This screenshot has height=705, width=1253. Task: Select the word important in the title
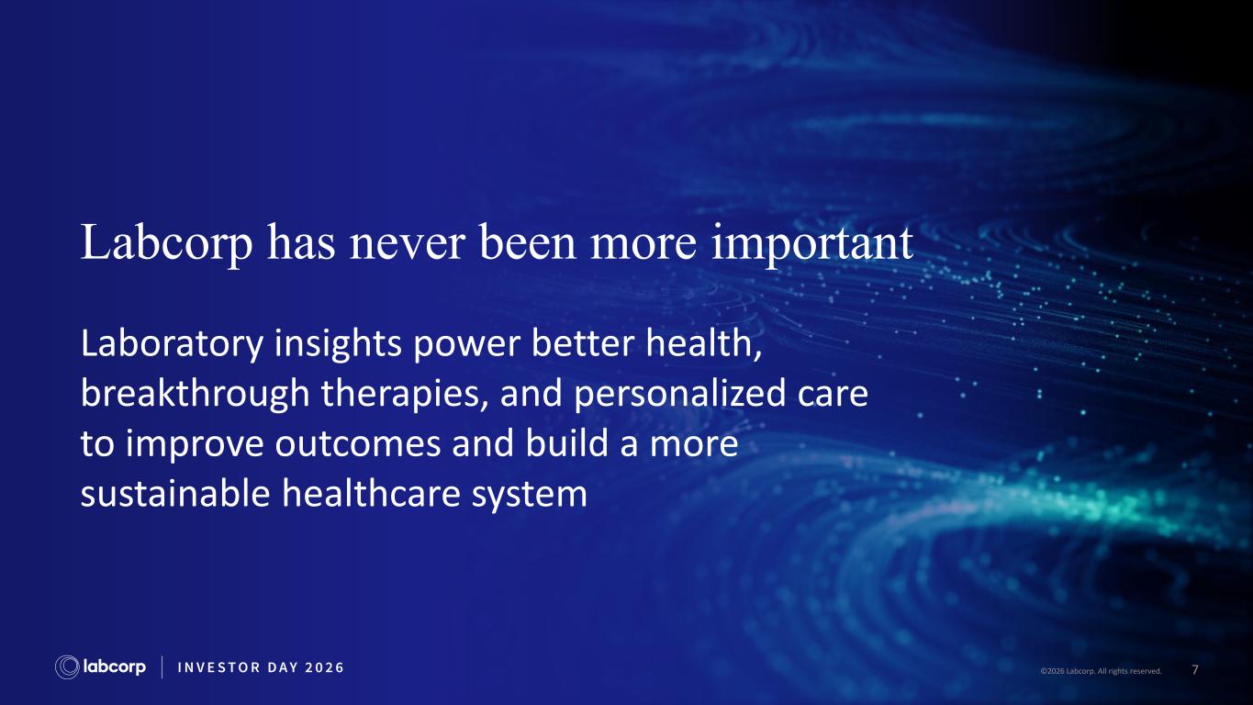tap(812, 244)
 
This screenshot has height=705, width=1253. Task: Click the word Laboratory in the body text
tap(172, 344)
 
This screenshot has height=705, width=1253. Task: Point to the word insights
tap(338, 344)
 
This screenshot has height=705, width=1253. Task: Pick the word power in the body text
tap(467, 347)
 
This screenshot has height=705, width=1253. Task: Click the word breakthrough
tap(196, 394)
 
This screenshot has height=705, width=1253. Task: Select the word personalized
tap(679, 394)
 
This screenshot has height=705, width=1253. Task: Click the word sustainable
tap(175, 494)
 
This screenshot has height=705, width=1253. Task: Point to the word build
tap(566, 443)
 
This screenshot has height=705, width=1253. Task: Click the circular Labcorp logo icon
tap(67, 667)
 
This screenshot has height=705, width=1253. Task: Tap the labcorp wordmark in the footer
tap(114, 667)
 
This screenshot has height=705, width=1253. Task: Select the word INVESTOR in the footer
tap(218, 667)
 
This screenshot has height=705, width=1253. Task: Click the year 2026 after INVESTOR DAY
tap(324, 667)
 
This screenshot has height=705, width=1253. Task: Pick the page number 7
tap(1195, 670)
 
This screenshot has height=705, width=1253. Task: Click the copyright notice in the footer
tap(1101, 671)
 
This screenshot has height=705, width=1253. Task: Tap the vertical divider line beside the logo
tap(162, 667)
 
